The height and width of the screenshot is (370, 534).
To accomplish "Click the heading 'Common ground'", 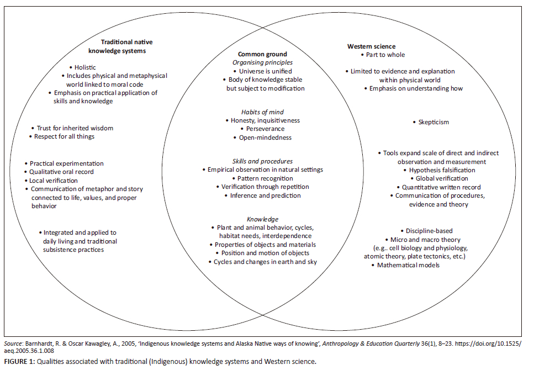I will [262, 54].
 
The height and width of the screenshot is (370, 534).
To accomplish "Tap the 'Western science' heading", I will [371, 46].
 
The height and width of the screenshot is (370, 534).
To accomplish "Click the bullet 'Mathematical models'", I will [408, 265].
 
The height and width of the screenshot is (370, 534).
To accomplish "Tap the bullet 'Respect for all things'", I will [65, 136].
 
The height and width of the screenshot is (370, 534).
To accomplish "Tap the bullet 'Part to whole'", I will [385, 55].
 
